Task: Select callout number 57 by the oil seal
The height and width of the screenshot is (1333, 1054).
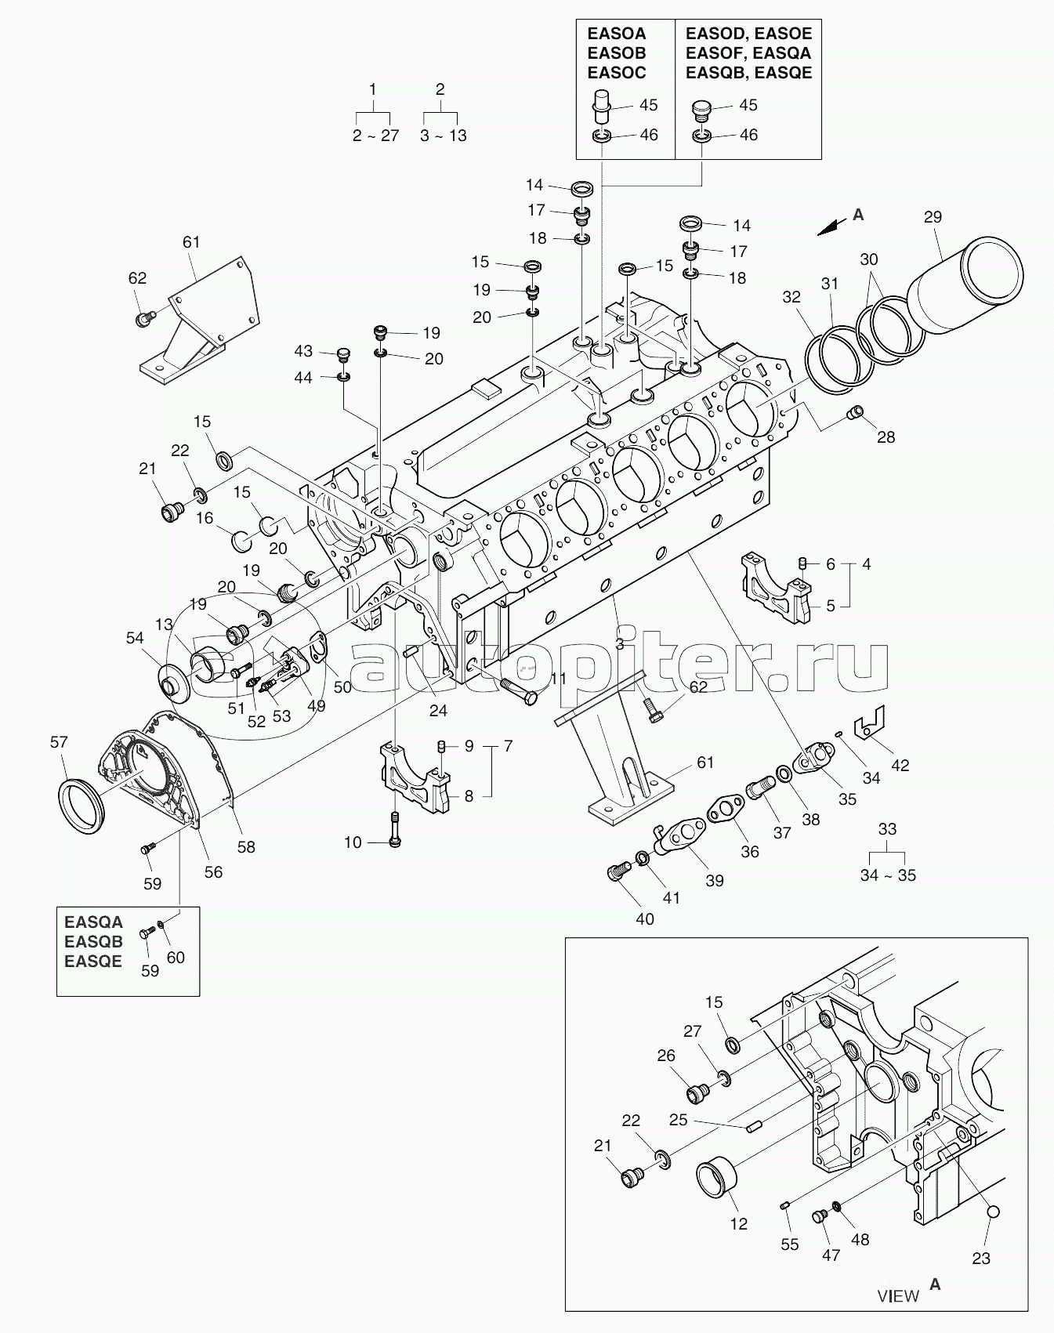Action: point(60,742)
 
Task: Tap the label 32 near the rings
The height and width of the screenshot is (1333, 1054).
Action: point(791,297)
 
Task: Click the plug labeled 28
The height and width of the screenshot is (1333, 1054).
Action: point(857,411)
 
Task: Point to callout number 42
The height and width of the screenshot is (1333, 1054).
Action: point(900,765)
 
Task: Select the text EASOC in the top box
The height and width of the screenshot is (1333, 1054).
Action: point(618,73)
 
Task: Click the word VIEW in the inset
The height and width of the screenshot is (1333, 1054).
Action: point(898,1295)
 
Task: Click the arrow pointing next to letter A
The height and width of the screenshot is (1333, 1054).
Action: point(830,225)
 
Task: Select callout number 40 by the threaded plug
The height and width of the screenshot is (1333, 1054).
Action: point(644,918)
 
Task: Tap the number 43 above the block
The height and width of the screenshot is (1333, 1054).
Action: point(303,350)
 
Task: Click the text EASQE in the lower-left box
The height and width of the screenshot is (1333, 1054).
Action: point(93,962)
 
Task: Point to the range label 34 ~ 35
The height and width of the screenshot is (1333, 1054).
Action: point(888,875)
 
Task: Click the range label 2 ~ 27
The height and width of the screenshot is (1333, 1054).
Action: point(375,136)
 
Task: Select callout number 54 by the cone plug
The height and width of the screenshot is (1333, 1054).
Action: point(135,639)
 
